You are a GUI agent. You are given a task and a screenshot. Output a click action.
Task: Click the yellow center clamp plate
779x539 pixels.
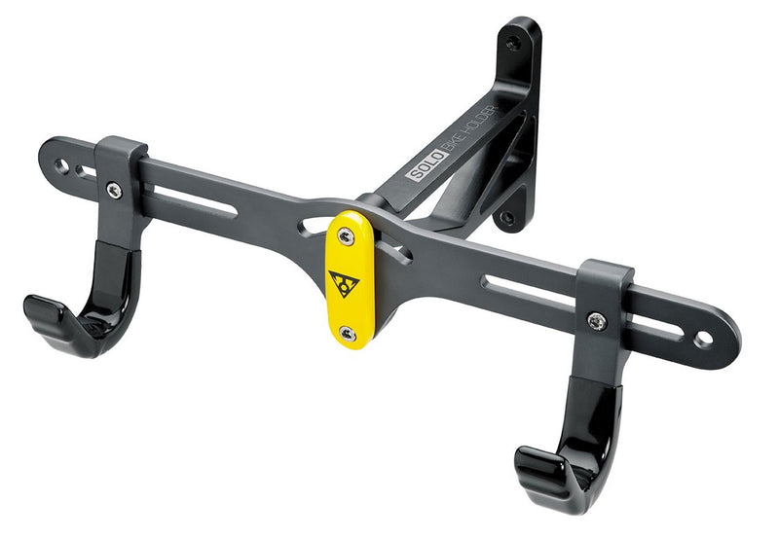click(x=350, y=279)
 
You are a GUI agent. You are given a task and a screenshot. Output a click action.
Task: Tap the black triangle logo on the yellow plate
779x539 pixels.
click(x=344, y=283)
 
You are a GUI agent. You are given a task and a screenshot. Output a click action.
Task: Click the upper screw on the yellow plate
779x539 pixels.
click(x=346, y=236)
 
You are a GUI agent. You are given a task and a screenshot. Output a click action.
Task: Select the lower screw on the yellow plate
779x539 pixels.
click(x=348, y=334)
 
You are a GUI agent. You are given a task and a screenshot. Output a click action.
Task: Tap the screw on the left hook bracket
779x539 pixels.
click(x=114, y=190)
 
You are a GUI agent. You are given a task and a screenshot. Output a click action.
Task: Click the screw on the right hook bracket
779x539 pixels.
click(x=597, y=321)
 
